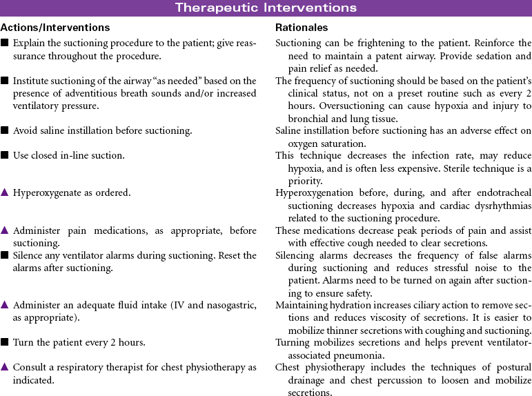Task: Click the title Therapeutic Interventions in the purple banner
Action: tap(266, 8)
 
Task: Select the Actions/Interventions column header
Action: tap(55, 28)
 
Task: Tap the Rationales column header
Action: tap(302, 28)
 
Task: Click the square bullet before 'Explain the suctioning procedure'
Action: tap(5, 43)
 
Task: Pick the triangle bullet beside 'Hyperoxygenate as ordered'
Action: tap(5, 193)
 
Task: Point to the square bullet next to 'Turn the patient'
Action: tap(5, 343)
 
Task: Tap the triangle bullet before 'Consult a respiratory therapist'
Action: tap(5, 367)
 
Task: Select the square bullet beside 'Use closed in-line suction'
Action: tap(5, 156)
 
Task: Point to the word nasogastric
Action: tap(225, 305)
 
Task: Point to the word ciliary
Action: tap(423, 305)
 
